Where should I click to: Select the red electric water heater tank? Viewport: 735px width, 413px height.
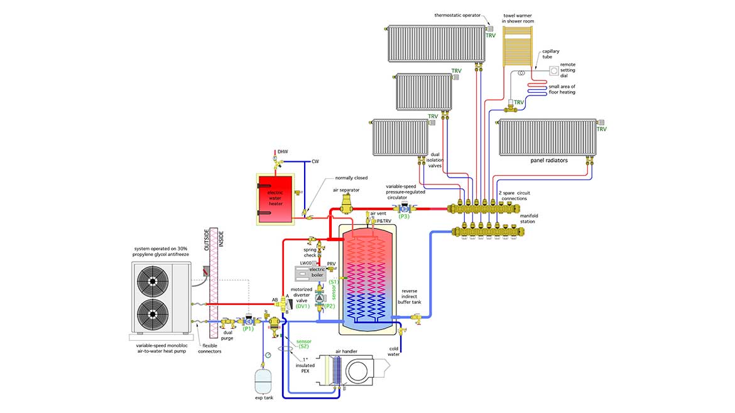coord(275,198)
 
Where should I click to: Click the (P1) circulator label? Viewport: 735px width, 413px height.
coord(248,328)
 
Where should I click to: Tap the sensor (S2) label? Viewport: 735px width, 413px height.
coord(303,344)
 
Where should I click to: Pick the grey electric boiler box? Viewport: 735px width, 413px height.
coord(310,273)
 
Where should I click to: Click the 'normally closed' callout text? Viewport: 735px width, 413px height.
coord(351,178)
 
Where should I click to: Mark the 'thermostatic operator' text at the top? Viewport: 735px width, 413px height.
coord(460,14)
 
